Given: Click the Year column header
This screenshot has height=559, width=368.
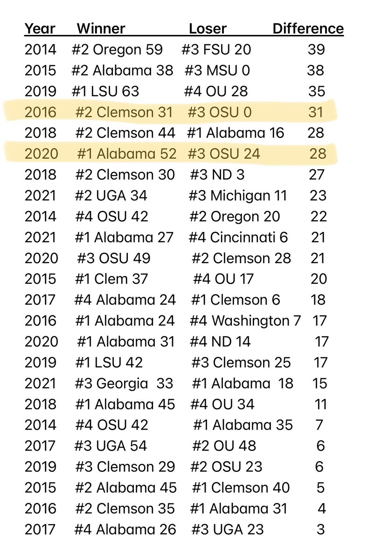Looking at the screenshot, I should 40,29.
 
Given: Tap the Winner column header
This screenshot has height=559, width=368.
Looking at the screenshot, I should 101,29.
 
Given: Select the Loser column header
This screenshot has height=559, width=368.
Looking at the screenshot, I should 208,29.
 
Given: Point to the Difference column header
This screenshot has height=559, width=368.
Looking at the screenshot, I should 308,29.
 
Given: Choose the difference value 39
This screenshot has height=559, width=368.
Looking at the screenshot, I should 316,49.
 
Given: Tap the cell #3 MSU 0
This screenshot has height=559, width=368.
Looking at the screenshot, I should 217,70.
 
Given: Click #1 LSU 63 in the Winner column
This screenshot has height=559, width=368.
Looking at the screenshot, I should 105,91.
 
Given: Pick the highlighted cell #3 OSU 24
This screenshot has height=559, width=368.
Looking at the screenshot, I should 223,153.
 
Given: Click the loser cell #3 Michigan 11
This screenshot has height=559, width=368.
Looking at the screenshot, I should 237,195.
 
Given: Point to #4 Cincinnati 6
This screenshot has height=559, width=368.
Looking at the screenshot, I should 238,237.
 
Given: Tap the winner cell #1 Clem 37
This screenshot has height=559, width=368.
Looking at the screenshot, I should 111,279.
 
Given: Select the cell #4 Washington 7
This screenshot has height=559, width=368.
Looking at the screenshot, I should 245,320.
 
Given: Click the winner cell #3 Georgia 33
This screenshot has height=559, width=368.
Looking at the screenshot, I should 124,383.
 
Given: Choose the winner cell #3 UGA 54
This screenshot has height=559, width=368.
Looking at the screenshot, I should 111,446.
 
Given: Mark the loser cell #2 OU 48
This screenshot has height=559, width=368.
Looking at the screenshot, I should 224,446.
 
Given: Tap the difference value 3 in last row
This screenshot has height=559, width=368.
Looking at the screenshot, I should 320,529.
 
